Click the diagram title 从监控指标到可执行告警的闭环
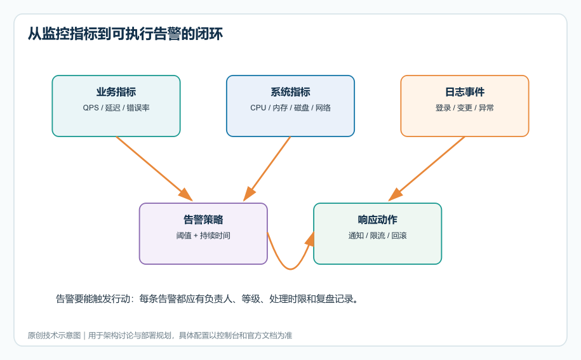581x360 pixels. [x=125, y=34]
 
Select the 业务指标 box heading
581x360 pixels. [x=116, y=92]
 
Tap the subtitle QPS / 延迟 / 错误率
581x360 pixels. [x=116, y=108]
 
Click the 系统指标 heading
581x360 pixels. [x=290, y=92]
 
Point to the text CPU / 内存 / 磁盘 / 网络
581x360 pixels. [x=290, y=108]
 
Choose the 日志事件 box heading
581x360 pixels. [x=465, y=92]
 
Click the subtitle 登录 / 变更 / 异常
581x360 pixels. [x=465, y=108]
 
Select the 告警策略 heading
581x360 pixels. [x=203, y=220]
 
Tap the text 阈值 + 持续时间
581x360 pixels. [x=203, y=236]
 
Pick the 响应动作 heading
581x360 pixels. [x=378, y=220]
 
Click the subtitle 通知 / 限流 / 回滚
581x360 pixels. [x=378, y=236]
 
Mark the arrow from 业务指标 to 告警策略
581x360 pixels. [x=154, y=169]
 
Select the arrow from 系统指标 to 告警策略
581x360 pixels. [x=267, y=169]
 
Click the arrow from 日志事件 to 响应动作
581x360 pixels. [x=427, y=169]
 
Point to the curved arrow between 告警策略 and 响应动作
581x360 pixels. [x=290, y=269]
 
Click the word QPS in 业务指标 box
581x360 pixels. [x=91, y=108]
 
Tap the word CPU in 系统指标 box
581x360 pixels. [x=258, y=108]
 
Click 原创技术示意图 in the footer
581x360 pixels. [x=54, y=335]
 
